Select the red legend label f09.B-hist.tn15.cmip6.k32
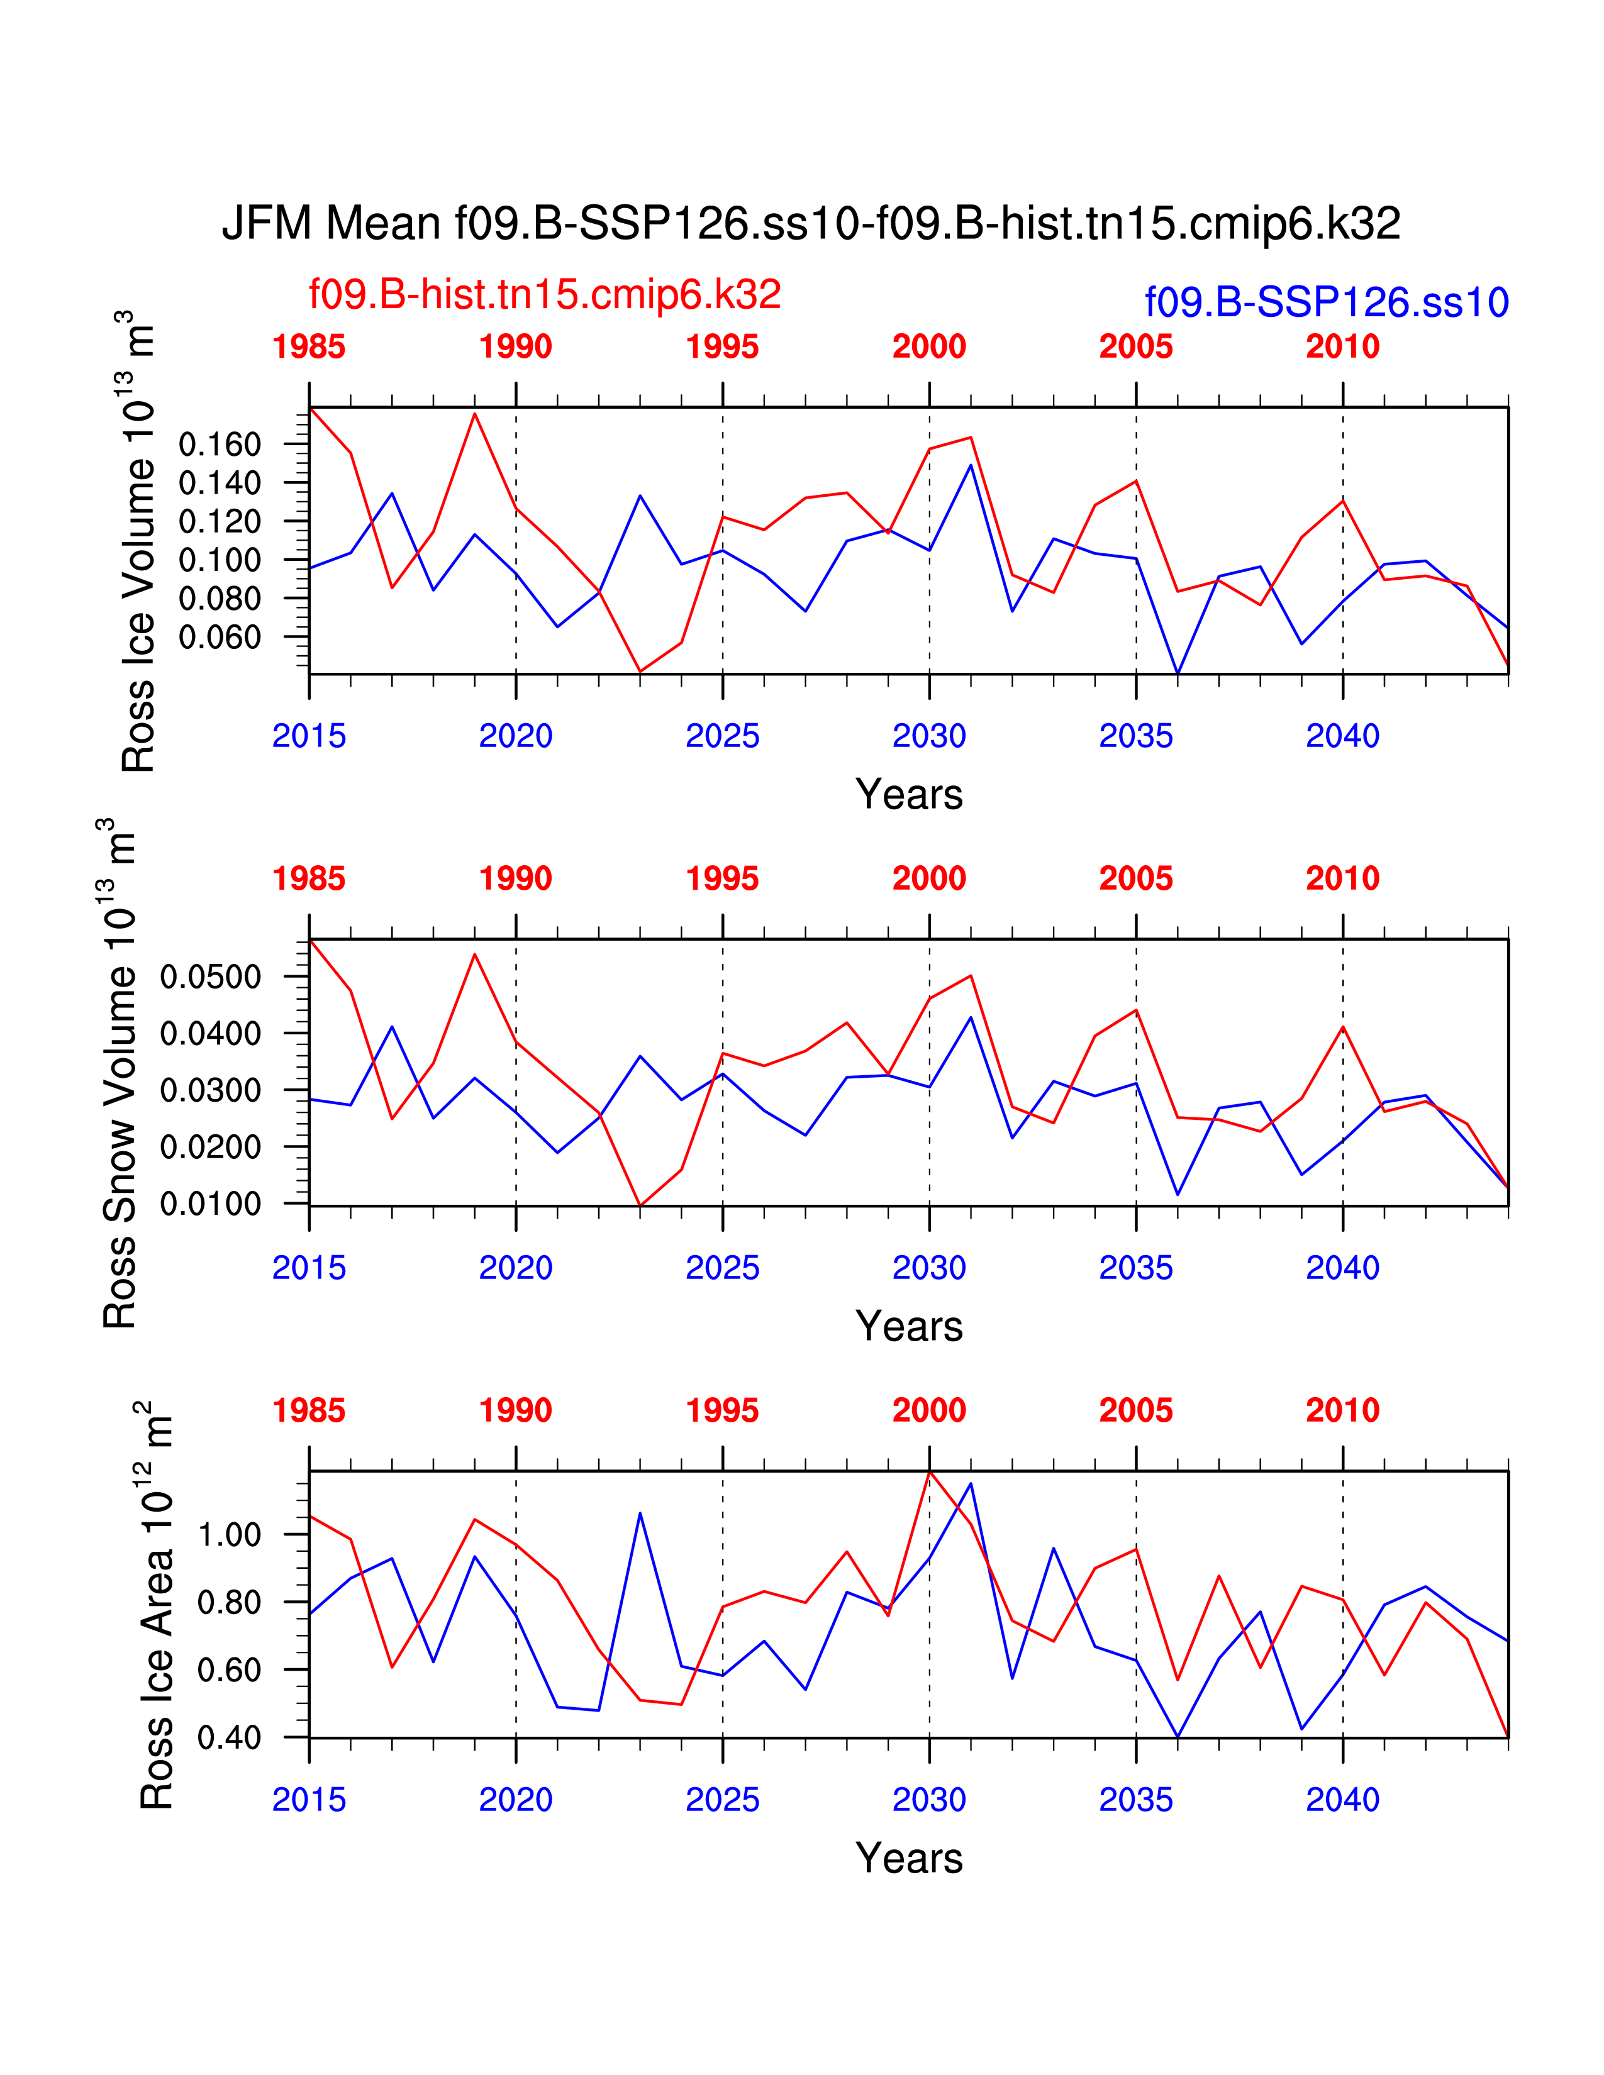tap(545, 294)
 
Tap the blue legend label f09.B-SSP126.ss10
tap(1327, 302)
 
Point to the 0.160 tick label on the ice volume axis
tap(220, 444)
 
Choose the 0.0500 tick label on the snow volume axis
tap(210, 976)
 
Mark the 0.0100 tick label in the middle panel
tap(210, 1203)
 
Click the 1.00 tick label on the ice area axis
tap(229, 1534)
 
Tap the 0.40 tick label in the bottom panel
tap(229, 1738)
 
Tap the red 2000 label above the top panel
tap(928, 347)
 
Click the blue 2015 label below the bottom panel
tap(309, 1800)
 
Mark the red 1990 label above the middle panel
tap(515, 879)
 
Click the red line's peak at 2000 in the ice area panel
tap(929, 1472)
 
